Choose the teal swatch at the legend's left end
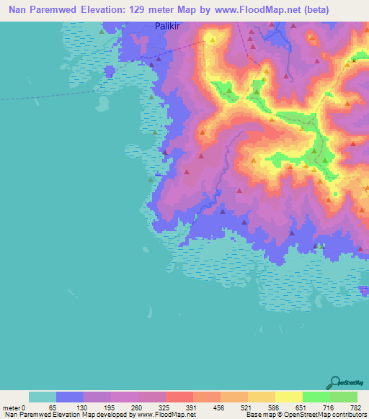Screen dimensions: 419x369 click(43, 397)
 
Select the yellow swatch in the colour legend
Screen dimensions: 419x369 click(288, 397)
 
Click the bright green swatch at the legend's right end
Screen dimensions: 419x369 click(343, 397)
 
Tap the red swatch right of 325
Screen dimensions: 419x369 click(179, 397)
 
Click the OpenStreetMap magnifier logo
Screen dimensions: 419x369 click(335, 383)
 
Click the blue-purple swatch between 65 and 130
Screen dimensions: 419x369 click(70, 397)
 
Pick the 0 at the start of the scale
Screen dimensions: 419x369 click(25, 407)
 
